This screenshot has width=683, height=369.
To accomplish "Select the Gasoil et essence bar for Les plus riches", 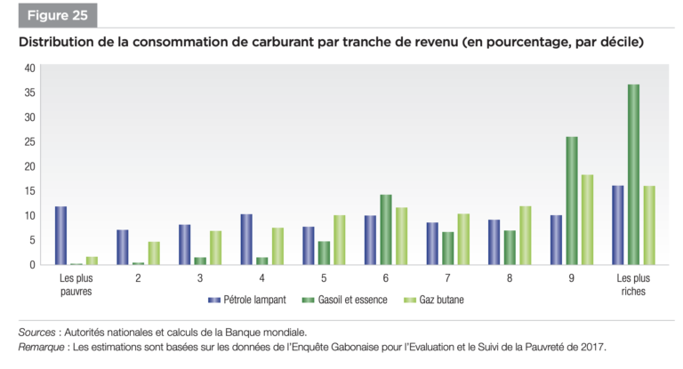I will click(632, 174).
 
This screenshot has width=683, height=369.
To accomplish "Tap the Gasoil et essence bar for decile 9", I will click(571, 201).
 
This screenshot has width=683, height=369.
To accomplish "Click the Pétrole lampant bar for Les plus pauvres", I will click(60, 236).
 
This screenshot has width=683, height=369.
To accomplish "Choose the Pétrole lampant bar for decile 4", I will click(246, 239).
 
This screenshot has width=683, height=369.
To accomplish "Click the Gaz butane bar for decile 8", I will click(525, 236).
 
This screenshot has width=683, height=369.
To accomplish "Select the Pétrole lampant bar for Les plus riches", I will click(617, 225).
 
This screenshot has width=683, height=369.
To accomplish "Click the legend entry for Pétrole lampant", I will click(245, 300).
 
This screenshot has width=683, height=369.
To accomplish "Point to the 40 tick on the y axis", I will click(29, 68).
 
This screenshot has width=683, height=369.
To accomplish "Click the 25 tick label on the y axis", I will click(29, 141).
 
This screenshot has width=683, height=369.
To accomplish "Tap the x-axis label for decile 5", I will click(325, 277).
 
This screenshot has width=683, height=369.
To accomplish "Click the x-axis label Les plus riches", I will click(633, 284).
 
